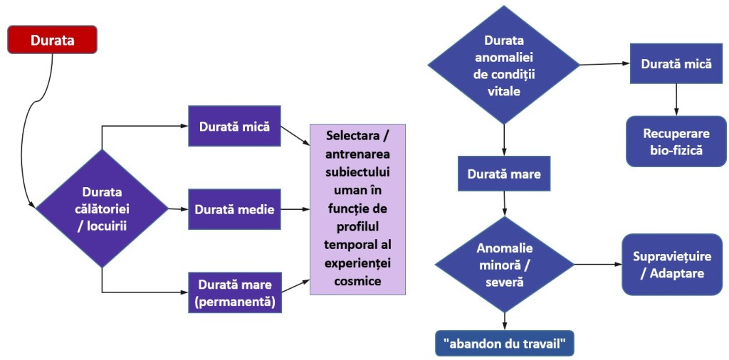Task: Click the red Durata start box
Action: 52,40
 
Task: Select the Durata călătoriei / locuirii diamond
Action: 102,208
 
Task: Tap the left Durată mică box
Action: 234,127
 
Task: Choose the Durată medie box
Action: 234,209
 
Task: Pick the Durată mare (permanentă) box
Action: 234,292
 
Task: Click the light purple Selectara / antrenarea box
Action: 357,208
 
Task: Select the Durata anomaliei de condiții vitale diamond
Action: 504,64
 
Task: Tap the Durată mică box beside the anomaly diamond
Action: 676,63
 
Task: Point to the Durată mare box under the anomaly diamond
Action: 504,174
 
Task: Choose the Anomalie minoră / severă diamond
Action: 504,265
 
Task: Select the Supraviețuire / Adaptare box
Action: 672,264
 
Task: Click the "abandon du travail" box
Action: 504,344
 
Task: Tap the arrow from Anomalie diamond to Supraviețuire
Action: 598,265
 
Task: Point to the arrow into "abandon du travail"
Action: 504,320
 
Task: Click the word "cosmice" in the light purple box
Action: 357,281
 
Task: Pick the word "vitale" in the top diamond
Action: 504,92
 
